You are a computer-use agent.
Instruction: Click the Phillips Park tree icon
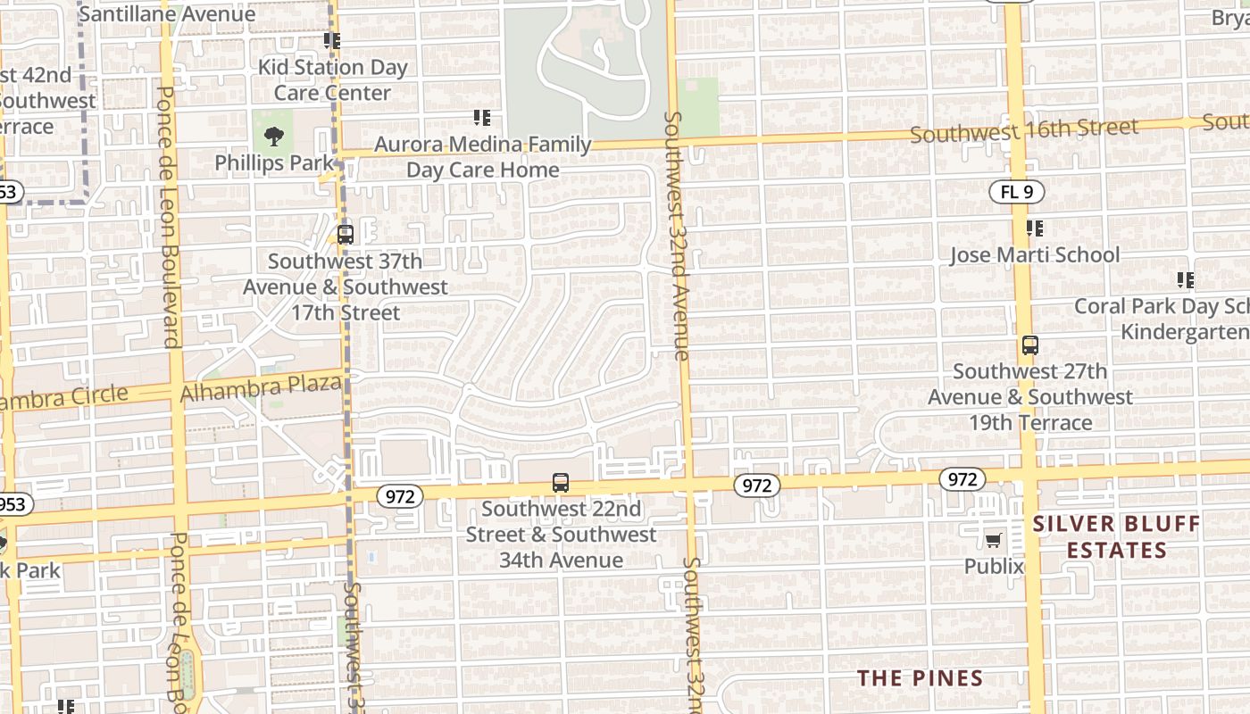pyautogui.click(x=273, y=137)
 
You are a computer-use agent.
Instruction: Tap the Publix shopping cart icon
pyautogui.click(x=993, y=539)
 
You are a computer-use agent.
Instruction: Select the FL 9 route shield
pyautogui.click(x=1016, y=192)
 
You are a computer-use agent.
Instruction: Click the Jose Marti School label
pyautogui.click(x=1034, y=255)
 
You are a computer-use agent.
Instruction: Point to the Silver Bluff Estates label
pyautogui.click(x=1116, y=536)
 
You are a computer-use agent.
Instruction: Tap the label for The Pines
pyautogui.click(x=920, y=678)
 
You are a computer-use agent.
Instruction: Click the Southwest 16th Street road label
pyautogui.click(x=1024, y=130)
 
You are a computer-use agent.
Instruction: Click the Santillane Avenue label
pyautogui.click(x=167, y=14)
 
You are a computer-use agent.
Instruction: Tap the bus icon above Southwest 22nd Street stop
pyautogui.click(x=561, y=483)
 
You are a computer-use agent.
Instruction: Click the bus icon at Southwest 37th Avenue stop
pyautogui.click(x=345, y=235)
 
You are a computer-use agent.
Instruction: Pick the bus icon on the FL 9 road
pyautogui.click(x=1029, y=345)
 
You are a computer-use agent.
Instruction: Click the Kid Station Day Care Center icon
pyautogui.click(x=332, y=41)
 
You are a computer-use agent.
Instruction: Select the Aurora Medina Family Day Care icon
pyautogui.click(x=482, y=118)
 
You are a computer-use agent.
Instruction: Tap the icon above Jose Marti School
pyautogui.click(x=1034, y=229)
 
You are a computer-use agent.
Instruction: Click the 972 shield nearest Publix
pyautogui.click(x=962, y=480)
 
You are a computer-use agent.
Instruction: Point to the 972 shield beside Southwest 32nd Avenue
pyautogui.click(x=757, y=486)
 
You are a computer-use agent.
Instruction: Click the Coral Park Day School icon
pyautogui.click(x=1185, y=280)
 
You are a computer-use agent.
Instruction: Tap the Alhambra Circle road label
pyautogui.click(x=62, y=398)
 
